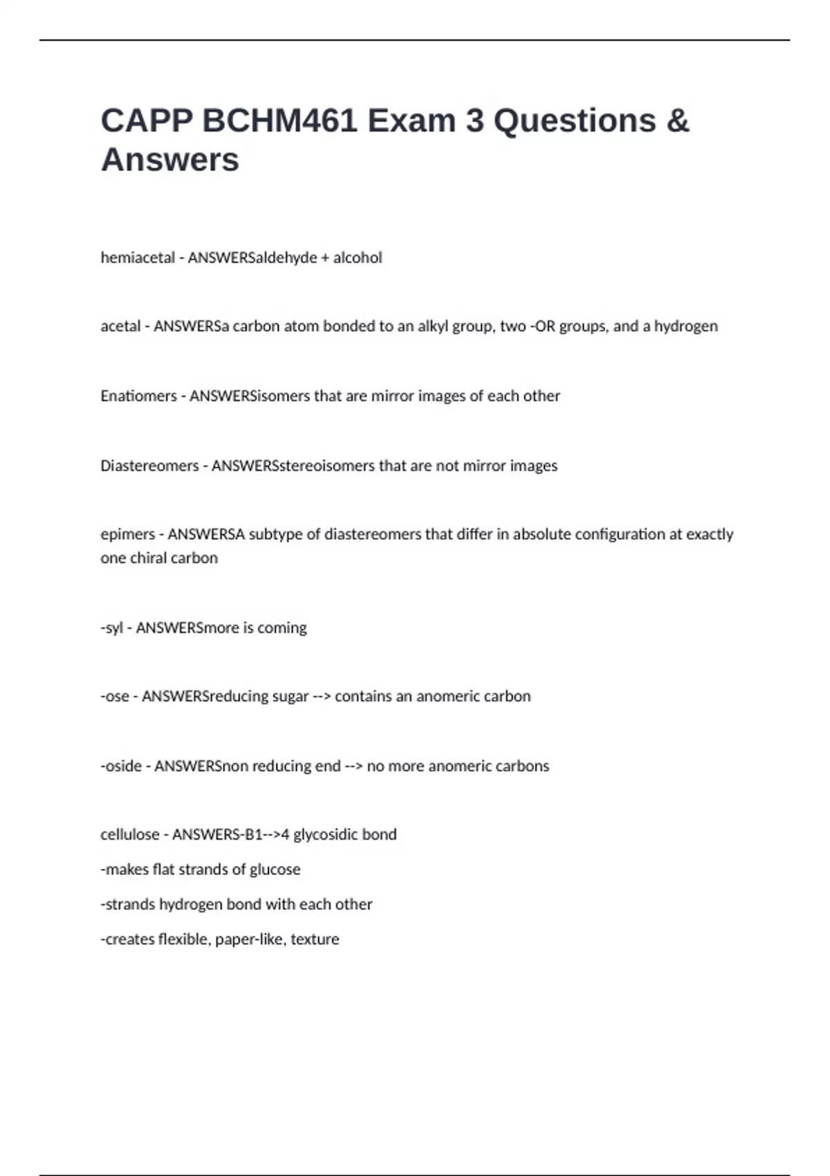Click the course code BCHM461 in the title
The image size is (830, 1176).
pyautogui.click(x=279, y=121)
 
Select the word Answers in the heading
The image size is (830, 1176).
pyautogui.click(x=170, y=160)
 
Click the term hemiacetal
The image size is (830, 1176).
pyautogui.click(x=138, y=257)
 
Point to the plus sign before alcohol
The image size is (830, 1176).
pyautogui.click(x=325, y=258)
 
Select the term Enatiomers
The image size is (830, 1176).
pyautogui.click(x=138, y=396)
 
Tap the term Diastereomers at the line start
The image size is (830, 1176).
pyautogui.click(x=149, y=466)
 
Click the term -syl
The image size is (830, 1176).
pyautogui.click(x=112, y=627)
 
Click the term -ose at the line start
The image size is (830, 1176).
pyautogui.click(x=115, y=696)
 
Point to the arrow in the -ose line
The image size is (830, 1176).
pyautogui.click(x=322, y=697)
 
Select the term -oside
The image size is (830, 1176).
pyautogui.click(x=121, y=766)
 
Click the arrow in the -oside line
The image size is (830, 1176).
pyautogui.click(x=353, y=766)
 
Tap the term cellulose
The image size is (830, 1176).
pyautogui.click(x=130, y=834)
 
